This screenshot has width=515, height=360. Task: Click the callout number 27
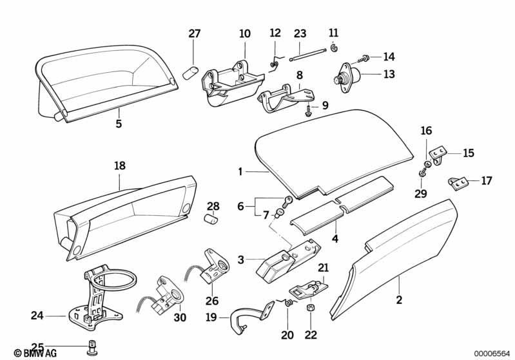pyautogui.click(x=194, y=33)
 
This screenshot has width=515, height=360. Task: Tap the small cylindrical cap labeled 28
pyautogui.click(x=211, y=219)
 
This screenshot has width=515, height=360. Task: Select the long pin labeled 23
pyautogui.click(x=307, y=55)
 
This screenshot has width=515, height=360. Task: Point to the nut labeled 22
pyautogui.click(x=311, y=309)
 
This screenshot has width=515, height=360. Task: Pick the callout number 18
pyautogui.click(x=120, y=166)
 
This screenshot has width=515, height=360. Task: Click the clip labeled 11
pyautogui.click(x=335, y=48)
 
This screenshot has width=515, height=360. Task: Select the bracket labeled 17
pyautogui.click(x=458, y=183)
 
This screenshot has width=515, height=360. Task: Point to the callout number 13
pyautogui.click(x=389, y=74)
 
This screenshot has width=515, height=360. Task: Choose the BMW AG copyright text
pyautogui.click(x=35, y=353)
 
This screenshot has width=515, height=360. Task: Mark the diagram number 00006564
pyautogui.click(x=491, y=353)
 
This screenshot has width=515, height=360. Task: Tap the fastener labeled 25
pyautogui.click(x=92, y=348)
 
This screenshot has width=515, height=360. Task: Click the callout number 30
pyautogui.click(x=180, y=317)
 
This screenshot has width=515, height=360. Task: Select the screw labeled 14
pyautogui.click(x=362, y=59)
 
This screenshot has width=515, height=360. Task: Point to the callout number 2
pyautogui.click(x=399, y=299)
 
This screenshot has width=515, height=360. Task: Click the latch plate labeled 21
pyautogui.click(x=308, y=288)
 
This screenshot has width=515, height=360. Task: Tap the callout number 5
pyautogui.click(x=119, y=124)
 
